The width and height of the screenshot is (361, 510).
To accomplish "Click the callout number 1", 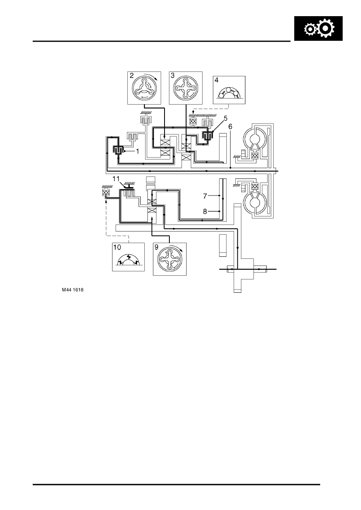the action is [x=137, y=151].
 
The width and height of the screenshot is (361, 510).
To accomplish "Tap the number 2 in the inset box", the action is [x=132, y=76].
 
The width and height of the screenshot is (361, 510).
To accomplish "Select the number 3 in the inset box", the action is [x=173, y=76].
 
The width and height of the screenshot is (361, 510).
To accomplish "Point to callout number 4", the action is [x=216, y=80].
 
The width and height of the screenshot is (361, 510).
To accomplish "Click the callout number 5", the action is [x=226, y=118].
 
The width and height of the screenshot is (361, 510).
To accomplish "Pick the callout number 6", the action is [x=230, y=126].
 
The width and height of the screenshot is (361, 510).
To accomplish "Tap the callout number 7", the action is [x=205, y=196].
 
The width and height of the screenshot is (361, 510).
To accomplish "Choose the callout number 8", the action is [x=205, y=212].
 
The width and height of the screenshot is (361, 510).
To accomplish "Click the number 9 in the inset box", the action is [x=156, y=247].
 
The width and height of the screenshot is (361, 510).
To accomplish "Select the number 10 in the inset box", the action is [x=117, y=247].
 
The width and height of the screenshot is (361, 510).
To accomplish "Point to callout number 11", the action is [x=116, y=179].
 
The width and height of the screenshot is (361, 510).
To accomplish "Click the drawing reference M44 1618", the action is [x=73, y=290].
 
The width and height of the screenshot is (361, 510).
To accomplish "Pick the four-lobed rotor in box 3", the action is [x=186, y=88].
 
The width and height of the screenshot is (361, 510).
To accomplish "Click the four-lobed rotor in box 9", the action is [x=170, y=260].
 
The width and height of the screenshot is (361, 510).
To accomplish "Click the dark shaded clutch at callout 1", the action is [x=118, y=150].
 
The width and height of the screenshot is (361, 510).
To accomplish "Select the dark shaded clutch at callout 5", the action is [x=207, y=136].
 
